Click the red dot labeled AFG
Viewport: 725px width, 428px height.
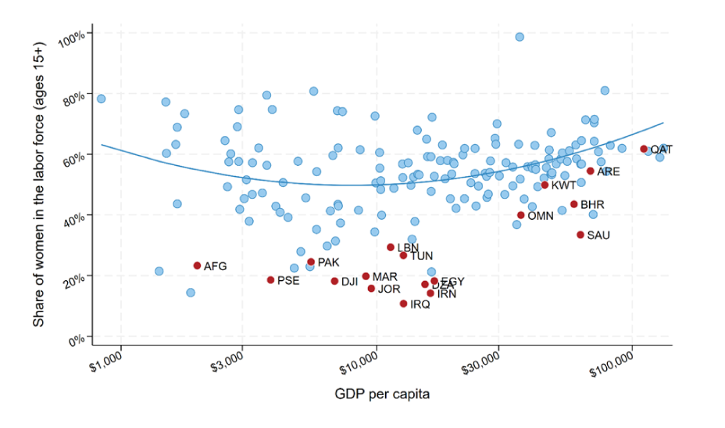pos(197,266)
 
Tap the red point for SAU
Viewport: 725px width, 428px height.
pos(580,235)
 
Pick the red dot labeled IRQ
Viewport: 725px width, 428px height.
pos(403,304)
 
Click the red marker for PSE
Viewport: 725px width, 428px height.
pos(270,280)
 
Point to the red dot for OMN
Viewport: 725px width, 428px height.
pos(521,215)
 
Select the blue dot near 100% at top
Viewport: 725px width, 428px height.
pos(520,37)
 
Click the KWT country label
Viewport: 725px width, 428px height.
pos(563,185)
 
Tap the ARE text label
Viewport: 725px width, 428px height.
pos(609,171)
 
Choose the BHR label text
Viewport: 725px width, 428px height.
pos(592,205)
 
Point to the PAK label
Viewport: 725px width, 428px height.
pos(328,262)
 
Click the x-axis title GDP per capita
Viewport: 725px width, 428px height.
pos(384,394)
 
